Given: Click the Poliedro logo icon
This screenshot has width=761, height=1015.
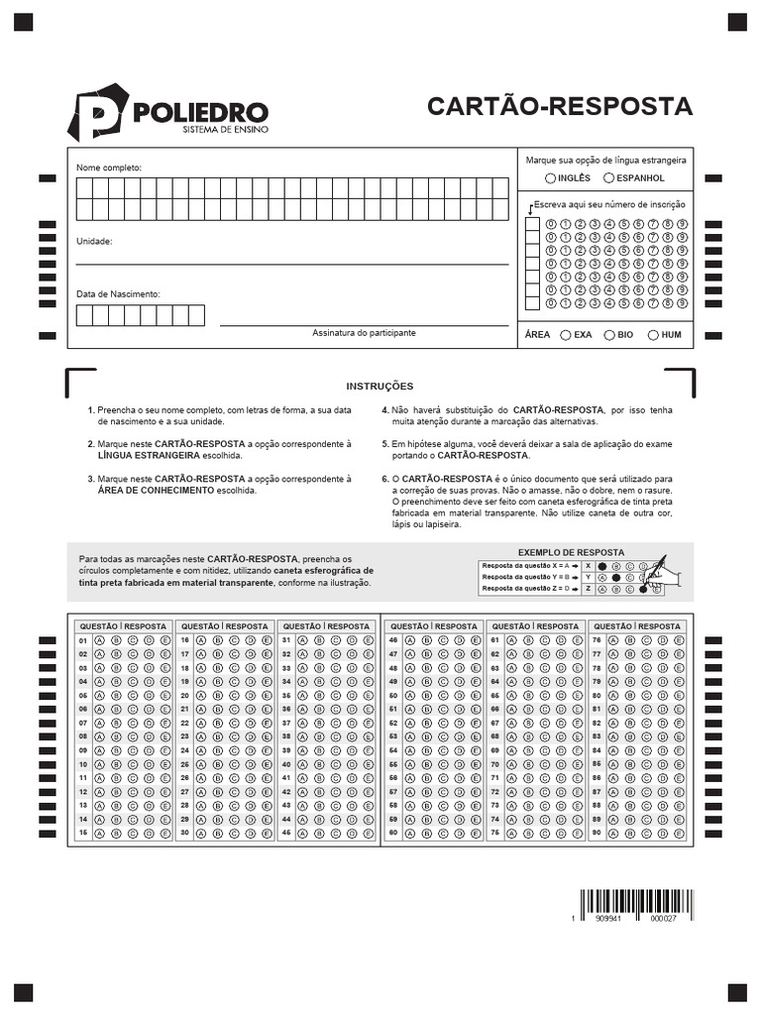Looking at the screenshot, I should (97, 112).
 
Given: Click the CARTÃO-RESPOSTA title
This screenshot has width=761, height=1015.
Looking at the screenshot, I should (560, 106).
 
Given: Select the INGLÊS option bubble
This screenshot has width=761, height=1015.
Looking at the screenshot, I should (550, 178).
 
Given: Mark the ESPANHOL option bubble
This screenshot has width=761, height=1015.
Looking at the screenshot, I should (608, 178).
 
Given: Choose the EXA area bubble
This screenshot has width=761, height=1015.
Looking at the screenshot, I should (565, 335).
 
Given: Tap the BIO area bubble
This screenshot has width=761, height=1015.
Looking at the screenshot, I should (609, 335).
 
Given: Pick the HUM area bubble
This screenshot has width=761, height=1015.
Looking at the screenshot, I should (653, 335).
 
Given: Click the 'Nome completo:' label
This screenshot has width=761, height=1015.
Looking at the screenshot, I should (109, 168).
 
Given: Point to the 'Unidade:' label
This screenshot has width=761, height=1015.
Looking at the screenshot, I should (95, 242).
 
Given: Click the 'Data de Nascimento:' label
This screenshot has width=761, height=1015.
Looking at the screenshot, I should (118, 294).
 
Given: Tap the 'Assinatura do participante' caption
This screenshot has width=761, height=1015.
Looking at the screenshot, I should (364, 333).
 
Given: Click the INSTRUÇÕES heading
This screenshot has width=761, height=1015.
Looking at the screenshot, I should (380, 387).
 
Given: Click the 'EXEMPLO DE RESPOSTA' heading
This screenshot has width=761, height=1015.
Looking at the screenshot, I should (571, 551).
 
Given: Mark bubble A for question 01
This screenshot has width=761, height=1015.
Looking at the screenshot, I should (99, 640).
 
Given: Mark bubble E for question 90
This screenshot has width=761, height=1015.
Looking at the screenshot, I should (679, 833).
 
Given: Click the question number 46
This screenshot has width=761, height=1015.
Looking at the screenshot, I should (393, 640).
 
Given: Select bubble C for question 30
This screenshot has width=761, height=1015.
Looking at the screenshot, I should (234, 833).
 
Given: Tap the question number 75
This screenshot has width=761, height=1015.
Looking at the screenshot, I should (495, 833).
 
